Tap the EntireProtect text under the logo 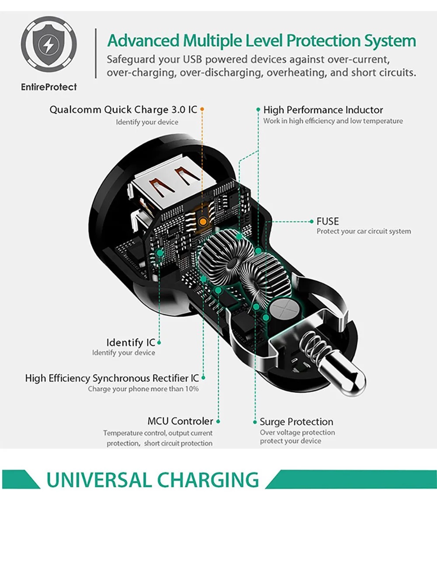[49, 87]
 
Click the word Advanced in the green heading [143, 41]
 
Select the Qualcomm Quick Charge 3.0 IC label [123, 109]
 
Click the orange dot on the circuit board [203, 221]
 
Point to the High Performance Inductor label [323, 110]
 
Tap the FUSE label [328, 221]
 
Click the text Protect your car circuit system [364, 231]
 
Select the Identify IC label [131, 342]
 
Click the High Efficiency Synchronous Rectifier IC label [112, 378]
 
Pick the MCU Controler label [180, 421]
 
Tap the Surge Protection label [296, 422]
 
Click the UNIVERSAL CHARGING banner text [153, 480]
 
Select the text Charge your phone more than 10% [143, 389]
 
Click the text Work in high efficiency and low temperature [333, 121]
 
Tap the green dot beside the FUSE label [312, 221]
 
